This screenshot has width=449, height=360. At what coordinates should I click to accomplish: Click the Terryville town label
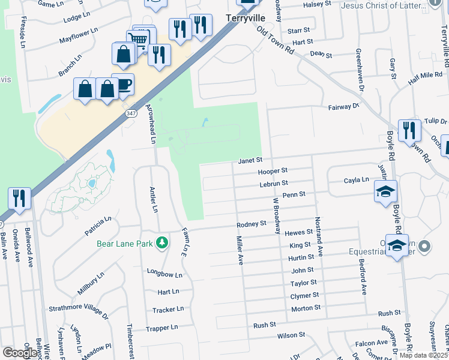click(x=241, y=18)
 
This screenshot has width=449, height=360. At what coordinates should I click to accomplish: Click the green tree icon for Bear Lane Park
click(x=161, y=242)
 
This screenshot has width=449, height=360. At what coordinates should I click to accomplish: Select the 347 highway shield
click(x=130, y=113)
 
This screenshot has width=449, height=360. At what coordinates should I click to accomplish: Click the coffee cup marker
click(x=122, y=85)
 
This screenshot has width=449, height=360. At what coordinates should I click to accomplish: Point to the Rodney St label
click(x=251, y=224)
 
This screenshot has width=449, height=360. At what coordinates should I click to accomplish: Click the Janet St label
click(x=250, y=160)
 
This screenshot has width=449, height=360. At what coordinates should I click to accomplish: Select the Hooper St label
click(x=273, y=171)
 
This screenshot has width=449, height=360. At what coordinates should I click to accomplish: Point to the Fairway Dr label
click(x=343, y=107)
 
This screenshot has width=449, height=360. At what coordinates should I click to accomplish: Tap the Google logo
click(x=19, y=353)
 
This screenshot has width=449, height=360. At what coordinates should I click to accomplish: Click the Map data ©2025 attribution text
click(x=423, y=355)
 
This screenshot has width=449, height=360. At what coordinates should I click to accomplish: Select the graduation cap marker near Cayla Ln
click(x=386, y=191)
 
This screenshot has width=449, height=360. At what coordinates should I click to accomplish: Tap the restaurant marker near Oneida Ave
click(x=19, y=199)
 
